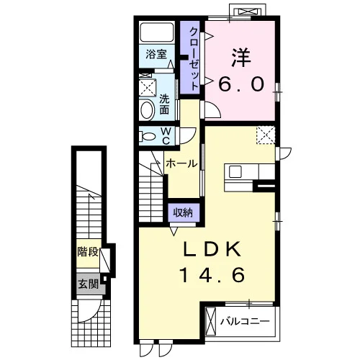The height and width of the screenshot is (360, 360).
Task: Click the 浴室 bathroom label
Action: (156, 54)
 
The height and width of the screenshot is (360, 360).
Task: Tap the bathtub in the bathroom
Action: (157, 32)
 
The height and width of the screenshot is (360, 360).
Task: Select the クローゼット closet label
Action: (194, 58)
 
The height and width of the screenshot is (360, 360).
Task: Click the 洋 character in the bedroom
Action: (241, 58)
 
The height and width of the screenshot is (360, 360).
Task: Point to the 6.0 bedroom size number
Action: (241, 84)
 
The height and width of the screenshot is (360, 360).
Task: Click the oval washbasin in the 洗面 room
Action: (147, 110)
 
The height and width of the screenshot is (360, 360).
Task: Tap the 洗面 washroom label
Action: (164, 104)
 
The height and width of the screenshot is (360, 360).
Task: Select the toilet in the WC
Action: (148, 137)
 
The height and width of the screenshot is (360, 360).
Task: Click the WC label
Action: (166, 136)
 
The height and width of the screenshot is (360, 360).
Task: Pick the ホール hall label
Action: (181, 163)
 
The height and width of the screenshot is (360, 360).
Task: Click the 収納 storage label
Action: (184, 212)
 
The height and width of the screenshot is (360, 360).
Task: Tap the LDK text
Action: (212, 249)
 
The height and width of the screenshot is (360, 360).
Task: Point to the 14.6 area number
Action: (212, 275)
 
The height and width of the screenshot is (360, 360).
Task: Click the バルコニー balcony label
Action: (245, 321)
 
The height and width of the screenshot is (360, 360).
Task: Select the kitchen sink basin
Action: (235, 172)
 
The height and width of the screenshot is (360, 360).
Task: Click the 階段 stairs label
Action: (88, 252)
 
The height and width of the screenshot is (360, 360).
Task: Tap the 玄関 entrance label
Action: (89, 284)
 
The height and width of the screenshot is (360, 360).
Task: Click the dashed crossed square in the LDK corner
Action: (266, 135)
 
